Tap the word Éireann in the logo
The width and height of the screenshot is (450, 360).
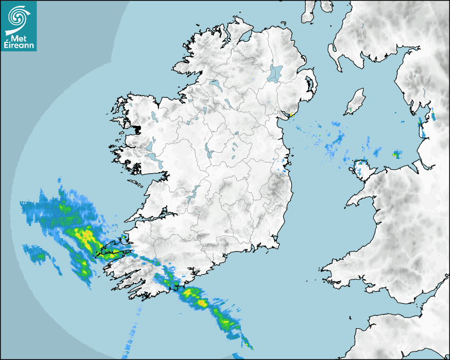19,46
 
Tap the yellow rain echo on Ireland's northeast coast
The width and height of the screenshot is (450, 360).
291,114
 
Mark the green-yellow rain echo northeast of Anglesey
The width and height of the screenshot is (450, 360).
396,154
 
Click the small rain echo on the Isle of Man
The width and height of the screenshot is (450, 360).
350,110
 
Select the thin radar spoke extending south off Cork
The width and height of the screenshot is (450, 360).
132,334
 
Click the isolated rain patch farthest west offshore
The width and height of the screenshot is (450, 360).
37,254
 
